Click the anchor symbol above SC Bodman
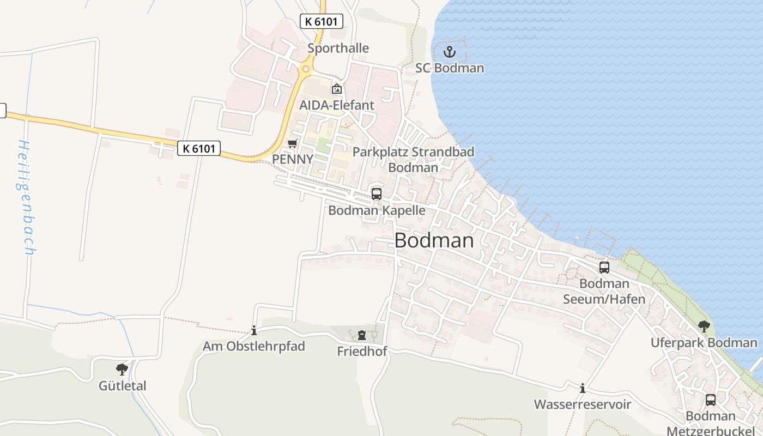[x=450, y=52]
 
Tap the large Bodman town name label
[x=434, y=240]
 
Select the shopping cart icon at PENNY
[x=293, y=143]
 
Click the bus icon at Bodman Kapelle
[x=376, y=193]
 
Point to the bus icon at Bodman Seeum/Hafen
[x=604, y=267]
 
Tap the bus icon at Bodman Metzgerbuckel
[x=711, y=399]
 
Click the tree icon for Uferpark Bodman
[x=704, y=326]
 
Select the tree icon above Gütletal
[x=122, y=369]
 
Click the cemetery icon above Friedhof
[x=362, y=335]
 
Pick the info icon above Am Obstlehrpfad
[x=253, y=330]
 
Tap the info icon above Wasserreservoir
[x=583, y=388]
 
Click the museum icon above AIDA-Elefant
[x=337, y=89]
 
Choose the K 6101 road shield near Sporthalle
[x=322, y=22]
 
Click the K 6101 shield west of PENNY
[x=199, y=148]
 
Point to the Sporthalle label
[x=338, y=48]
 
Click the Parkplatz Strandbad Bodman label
[x=413, y=159]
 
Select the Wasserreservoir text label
[x=583, y=404]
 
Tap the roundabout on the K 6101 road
[x=306, y=69]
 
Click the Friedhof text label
[x=362, y=352]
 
